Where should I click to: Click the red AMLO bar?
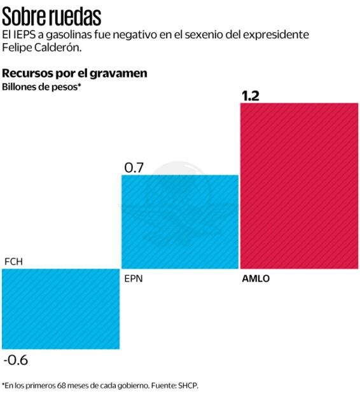pos(299,185)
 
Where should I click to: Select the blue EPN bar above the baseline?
pos(179,221)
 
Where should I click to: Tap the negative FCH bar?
pos(60,308)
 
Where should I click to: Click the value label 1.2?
pos(251,96)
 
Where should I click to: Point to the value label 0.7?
pos(134,168)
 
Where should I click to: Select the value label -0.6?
pos(16,360)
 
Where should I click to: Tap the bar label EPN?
pos(134,278)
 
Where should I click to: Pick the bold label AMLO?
pos(256,278)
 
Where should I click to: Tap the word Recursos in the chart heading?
pos(27,73)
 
